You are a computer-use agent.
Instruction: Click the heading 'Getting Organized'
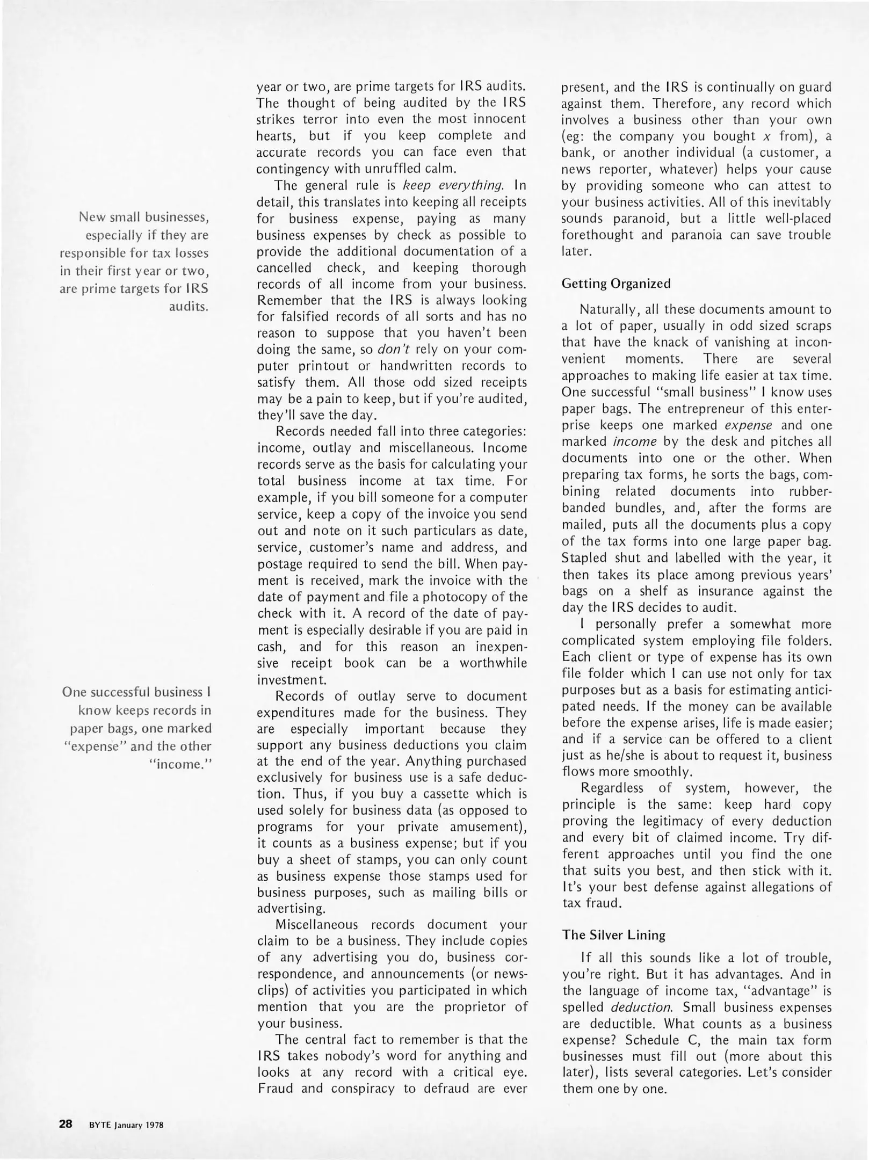click(616, 284)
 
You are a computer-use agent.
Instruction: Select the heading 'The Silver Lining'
click(613, 935)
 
